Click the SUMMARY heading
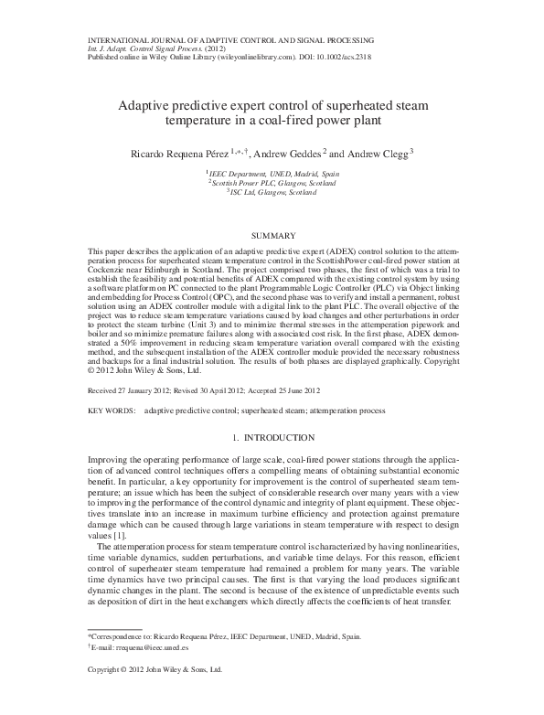click(x=272, y=236)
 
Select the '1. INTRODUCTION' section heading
click(x=272, y=438)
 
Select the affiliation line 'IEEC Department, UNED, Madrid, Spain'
click(x=273, y=173)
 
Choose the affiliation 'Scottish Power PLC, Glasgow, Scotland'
click(x=273, y=183)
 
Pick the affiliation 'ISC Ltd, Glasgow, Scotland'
click(x=273, y=193)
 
